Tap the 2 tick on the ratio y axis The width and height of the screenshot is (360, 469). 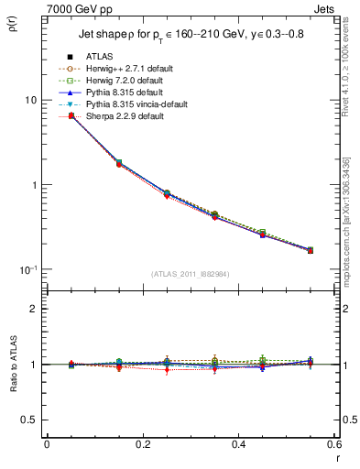pos(33,309)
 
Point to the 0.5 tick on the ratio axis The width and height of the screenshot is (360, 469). pos(29,420)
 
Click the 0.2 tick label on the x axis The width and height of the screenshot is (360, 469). pos(142,445)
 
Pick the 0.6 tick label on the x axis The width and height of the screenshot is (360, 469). pos(334,445)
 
